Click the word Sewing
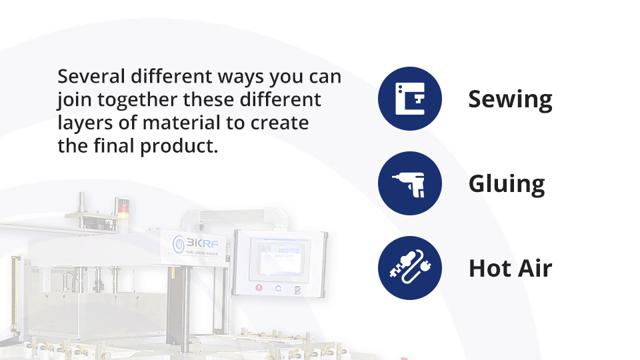pyautogui.click(x=510, y=99)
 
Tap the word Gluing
pyautogui.click(x=507, y=184)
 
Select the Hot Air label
pyautogui.click(x=510, y=268)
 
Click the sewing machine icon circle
pyautogui.click(x=410, y=99)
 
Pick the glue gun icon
pyautogui.click(x=410, y=183)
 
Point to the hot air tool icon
pyautogui.click(x=410, y=268)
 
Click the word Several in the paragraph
pyautogui.click(x=91, y=76)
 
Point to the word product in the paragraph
pyautogui.click(x=179, y=147)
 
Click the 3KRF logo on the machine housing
pyautogui.click(x=196, y=244)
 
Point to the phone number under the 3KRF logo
pyautogui.click(x=202, y=253)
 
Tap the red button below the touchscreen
pyautogui.click(x=259, y=288)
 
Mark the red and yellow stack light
pyautogui.click(x=123, y=209)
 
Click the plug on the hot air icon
pyautogui.click(x=426, y=267)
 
